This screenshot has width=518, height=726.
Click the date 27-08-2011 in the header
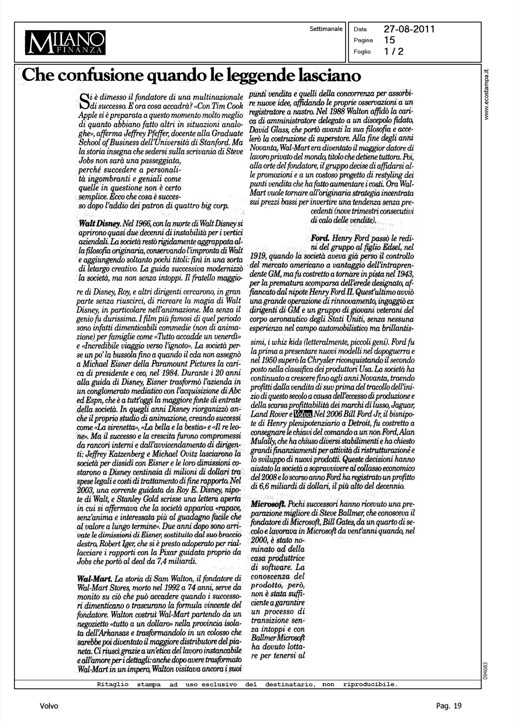[x=409, y=29]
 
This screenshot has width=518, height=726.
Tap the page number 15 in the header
[x=389, y=40]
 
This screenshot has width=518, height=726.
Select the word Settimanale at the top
[x=326, y=28]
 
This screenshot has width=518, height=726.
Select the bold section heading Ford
[x=320, y=239]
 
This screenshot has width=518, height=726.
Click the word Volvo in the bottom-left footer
[x=49, y=706]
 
